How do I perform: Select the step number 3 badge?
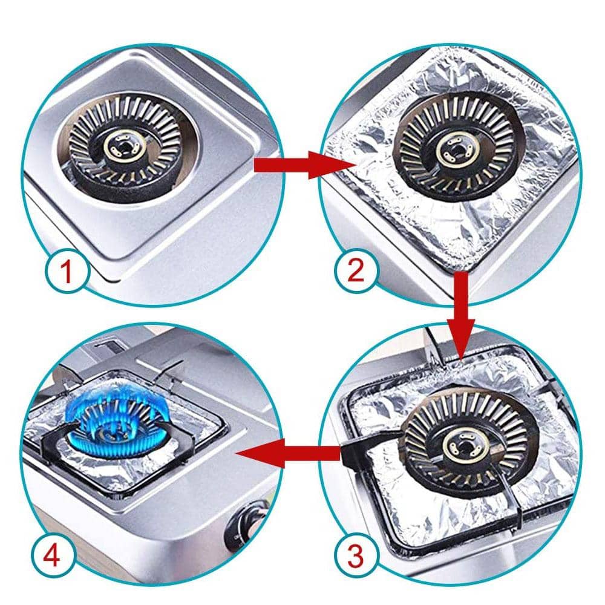(x=355, y=557)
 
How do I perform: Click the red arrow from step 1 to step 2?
(x=301, y=166)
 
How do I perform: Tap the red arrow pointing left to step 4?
(x=289, y=453)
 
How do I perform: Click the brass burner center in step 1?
(x=124, y=148)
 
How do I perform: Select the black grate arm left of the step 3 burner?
(x=370, y=443)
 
